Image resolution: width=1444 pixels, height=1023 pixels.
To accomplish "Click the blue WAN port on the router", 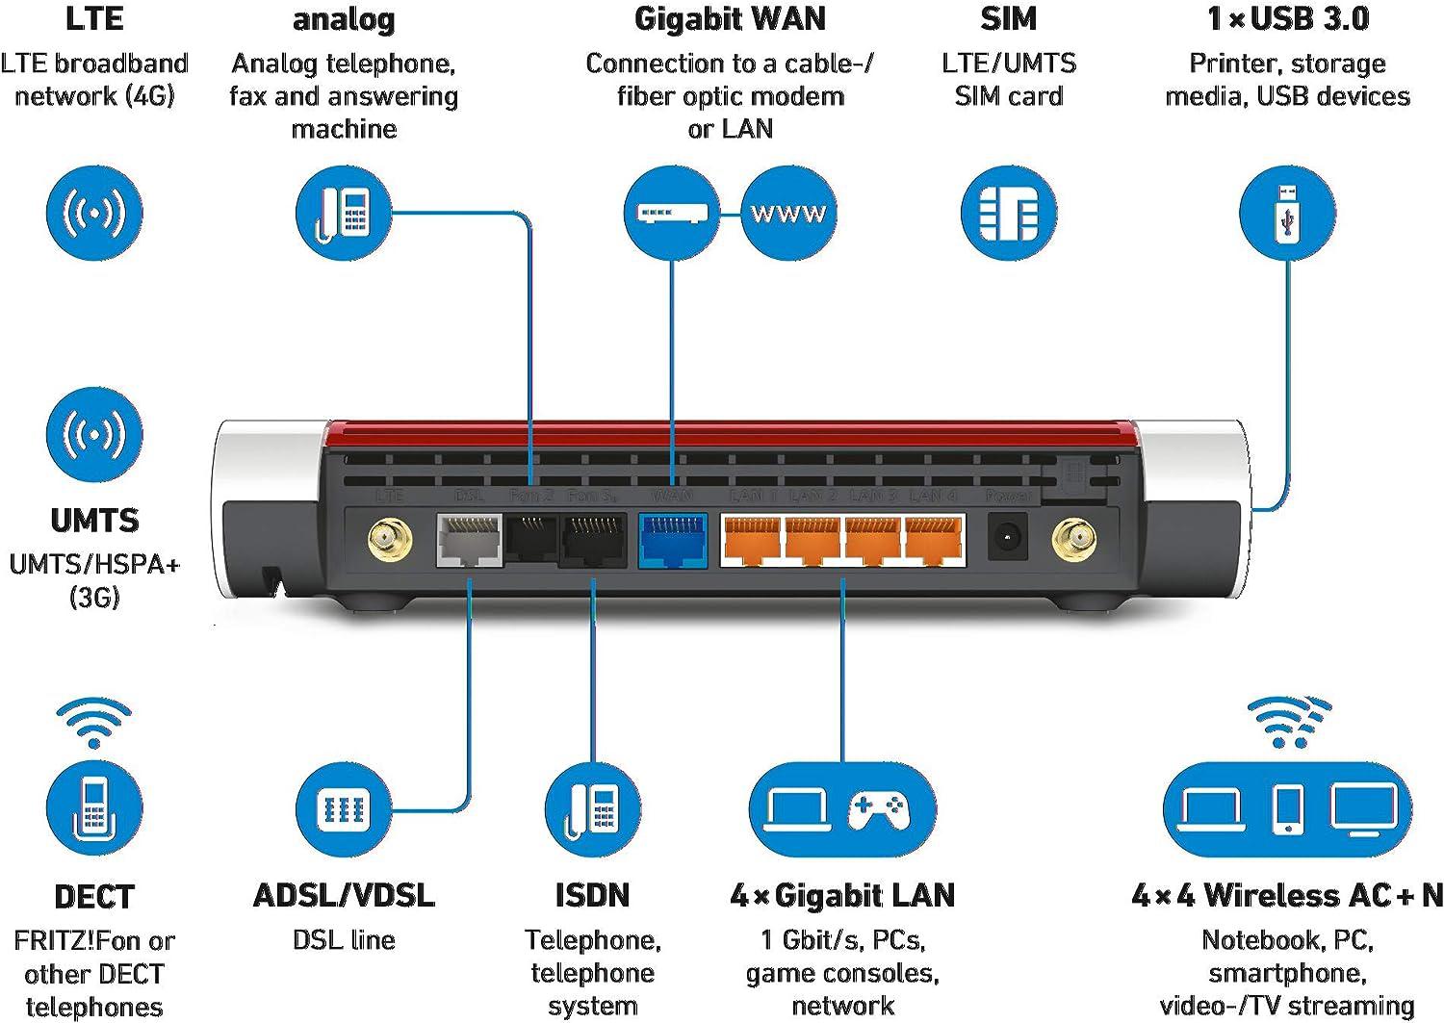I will coord(673,540).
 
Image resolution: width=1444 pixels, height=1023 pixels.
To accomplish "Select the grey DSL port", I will coord(469,540).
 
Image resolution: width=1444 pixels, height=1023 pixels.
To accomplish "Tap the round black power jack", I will coord(1008,538).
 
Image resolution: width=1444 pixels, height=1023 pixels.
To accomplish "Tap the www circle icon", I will coord(788,213).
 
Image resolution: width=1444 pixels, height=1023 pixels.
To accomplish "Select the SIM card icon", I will coord(1008,213).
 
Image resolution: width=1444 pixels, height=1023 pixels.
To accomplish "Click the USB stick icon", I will coord(1287,213).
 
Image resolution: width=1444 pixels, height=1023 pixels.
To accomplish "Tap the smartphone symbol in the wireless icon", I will coord(1287,808).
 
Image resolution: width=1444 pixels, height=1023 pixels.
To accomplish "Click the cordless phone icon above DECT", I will coord(94,806).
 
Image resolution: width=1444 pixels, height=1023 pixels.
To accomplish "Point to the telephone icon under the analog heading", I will coord(344,213).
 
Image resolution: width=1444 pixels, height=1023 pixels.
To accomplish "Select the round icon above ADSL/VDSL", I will coord(344,808).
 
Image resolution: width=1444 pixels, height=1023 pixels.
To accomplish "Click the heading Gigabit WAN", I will coord(730,19).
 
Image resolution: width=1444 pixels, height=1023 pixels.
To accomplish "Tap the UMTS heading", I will coord(94,521).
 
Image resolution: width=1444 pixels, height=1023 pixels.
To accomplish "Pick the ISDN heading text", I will coord(592,895).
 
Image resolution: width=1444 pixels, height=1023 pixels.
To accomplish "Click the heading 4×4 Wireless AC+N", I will coord(1287,895).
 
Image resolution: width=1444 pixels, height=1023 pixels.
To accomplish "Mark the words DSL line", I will coord(344,939).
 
